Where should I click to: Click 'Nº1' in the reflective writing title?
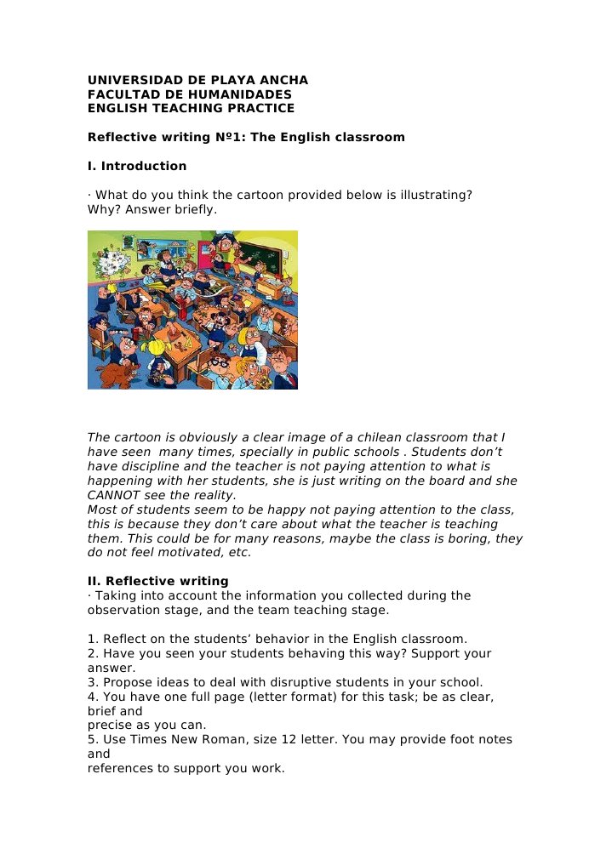point(226,137)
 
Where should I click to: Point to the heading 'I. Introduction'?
point(137,166)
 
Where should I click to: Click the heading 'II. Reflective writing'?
point(158,582)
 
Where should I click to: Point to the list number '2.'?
point(93,653)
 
